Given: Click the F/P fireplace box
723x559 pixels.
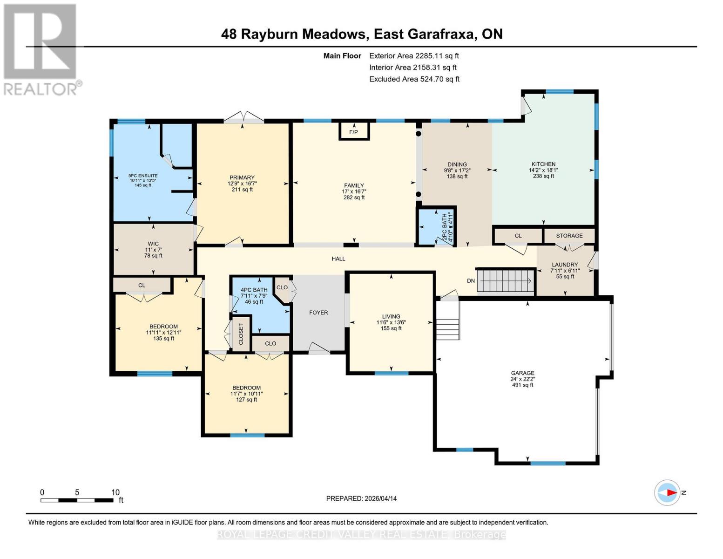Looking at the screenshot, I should coord(354,132).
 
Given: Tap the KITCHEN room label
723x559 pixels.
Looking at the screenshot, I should coord(543,164).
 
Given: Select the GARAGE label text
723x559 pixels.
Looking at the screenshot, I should coord(522,373).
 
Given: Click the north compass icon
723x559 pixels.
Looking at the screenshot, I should coord(667,492).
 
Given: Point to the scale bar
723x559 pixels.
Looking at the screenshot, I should coord(77,500).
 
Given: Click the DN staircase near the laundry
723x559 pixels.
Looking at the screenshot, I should coord(506,281).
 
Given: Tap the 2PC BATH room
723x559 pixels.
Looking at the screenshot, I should coord(436,227).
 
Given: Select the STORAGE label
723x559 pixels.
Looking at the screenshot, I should coord(569,236).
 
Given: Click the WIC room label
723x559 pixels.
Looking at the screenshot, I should coord(153,244).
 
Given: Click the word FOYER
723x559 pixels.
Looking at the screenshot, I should coord(318,313).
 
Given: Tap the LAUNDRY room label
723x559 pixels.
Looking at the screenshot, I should coord(565,265).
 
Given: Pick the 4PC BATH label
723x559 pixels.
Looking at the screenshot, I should coord(254,290).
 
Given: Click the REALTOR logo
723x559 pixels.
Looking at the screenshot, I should coord(41,49).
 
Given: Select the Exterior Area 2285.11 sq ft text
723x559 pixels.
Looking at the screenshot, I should coord(414,56).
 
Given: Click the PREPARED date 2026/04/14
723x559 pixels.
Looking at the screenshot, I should coord(361,498).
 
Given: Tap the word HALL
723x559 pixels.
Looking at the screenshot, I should coord(338,259).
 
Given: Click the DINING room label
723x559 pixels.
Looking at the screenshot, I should coord(457,164).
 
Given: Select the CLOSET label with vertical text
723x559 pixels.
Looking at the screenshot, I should coord(241,334).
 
